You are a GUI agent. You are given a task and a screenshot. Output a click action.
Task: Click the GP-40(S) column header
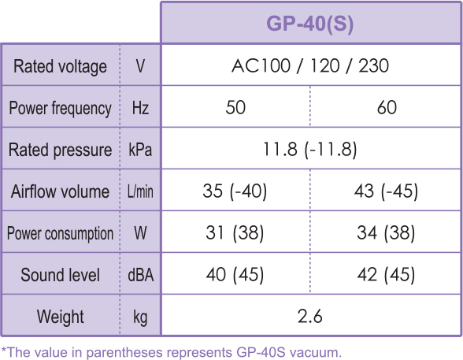click(309, 24)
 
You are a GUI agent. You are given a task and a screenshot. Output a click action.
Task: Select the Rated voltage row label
click(60, 66)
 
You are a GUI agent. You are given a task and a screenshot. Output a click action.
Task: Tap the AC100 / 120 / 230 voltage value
click(310, 65)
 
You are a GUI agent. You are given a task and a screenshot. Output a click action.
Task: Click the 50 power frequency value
click(235, 107)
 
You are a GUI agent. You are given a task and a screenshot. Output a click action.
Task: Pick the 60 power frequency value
click(387, 107)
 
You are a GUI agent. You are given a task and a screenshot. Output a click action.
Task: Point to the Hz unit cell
click(140, 108)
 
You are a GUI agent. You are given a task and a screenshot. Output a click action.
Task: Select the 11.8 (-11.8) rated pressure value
click(309, 149)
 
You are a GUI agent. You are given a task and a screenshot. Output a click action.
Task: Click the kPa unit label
click(140, 150)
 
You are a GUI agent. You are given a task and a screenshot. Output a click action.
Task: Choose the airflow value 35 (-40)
click(235, 191)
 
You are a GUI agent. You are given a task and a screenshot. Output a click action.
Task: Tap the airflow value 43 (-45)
click(386, 191)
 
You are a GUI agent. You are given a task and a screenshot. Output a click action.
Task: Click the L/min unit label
click(140, 191)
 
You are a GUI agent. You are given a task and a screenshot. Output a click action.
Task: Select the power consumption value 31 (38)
click(235, 232)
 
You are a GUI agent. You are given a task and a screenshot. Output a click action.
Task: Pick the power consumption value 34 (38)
click(386, 232)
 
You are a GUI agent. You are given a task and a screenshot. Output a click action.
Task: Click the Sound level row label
click(60, 275)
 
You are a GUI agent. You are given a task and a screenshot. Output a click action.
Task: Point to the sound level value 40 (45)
click(235, 274)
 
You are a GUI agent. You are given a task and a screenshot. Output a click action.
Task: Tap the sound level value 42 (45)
click(386, 274)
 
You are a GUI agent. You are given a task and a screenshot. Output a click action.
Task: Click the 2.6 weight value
click(309, 317)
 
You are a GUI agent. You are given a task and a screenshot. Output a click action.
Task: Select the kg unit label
click(140, 317)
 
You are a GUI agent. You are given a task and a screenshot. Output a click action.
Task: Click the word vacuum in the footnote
click(315, 352)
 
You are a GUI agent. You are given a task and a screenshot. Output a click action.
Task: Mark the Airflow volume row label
click(60, 191)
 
